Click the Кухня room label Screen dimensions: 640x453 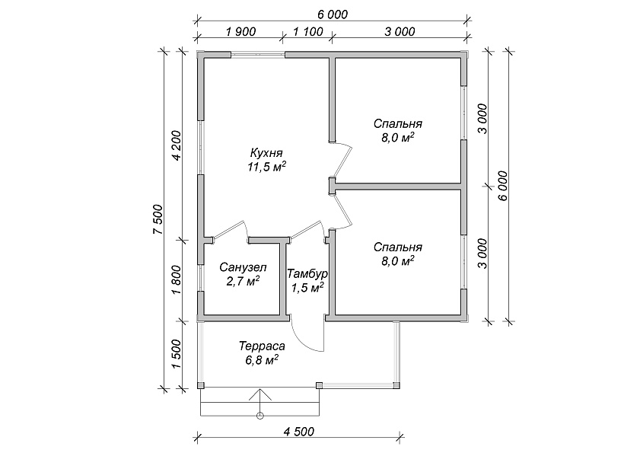(x=266, y=153)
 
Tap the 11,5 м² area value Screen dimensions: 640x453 (x=266, y=167)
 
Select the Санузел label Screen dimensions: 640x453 (x=243, y=267)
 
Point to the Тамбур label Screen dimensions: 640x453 (x=307, y=273)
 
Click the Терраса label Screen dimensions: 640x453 (x=262, y=346)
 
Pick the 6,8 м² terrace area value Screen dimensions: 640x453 (x=262, y=360)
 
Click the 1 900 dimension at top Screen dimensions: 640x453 (x=240, y=31)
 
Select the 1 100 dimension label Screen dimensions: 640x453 (x=308, y=31)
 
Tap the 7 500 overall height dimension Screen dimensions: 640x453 (x=158, y=219)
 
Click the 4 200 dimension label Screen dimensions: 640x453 (x=177, y=145)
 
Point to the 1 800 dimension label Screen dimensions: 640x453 (x=177, y=280)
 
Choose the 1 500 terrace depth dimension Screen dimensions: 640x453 (x=177, y=354)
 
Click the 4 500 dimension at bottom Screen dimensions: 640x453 (x=299, y=432)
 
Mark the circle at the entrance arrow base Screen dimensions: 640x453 (x=260, y=416)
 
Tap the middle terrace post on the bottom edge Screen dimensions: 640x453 (x=319, y=385)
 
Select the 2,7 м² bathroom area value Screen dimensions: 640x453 (x=243, y=281)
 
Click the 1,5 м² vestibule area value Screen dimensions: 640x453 (x=307, y=288)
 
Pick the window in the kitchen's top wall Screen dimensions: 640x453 (x=258, y=54)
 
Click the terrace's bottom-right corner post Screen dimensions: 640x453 (x=396, y=385)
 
